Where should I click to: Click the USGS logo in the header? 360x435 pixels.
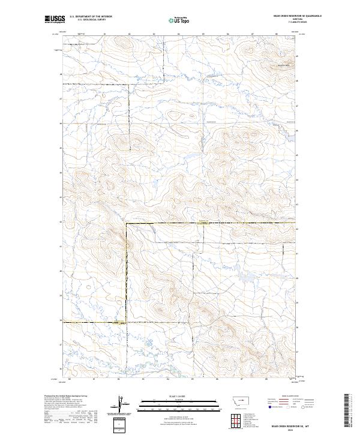pos(55,19)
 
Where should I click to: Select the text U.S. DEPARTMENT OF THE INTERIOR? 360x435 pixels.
pos(91,17)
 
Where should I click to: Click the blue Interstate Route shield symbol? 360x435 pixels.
pos(271,406)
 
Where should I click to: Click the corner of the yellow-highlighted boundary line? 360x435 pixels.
pos(126,223)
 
